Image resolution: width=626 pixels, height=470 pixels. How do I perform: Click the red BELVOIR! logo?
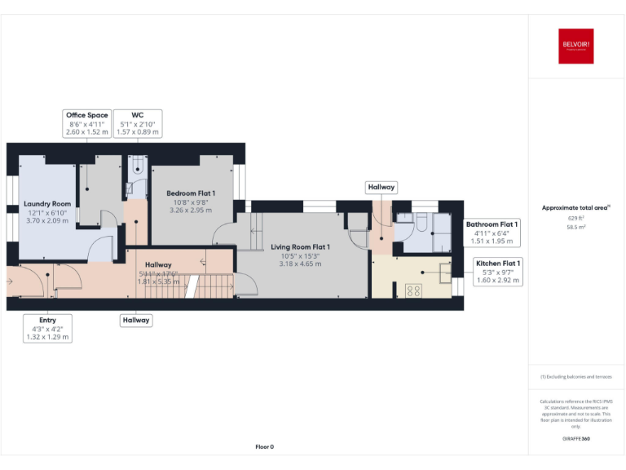coord(576,47)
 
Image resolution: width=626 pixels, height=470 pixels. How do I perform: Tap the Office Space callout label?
coord(87,123)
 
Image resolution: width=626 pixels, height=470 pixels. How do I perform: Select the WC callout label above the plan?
coord(137,123)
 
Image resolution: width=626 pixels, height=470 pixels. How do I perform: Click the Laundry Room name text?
coord(46,203)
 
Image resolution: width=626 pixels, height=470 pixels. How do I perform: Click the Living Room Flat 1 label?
coord(300,246)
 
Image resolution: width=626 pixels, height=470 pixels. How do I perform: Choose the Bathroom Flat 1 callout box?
coord(492,232)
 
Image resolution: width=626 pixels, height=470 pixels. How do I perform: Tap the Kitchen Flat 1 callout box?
coord(498,271)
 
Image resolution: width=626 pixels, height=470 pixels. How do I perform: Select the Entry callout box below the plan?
coord(48,328)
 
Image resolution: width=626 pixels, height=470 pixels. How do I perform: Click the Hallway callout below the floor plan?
coord(136,320)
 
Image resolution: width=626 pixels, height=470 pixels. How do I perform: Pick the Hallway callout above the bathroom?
coord(381,187)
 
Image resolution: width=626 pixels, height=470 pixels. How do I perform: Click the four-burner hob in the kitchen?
coord(413,289)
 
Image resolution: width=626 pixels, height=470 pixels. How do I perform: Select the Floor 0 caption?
coord(264,446)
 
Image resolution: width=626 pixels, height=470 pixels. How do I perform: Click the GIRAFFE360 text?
coord(575,439)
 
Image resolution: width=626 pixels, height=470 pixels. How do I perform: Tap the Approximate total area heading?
coord(575,208)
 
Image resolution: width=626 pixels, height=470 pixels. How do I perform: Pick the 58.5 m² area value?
coord(575,228)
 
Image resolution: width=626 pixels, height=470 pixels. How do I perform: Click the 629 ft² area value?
coord(575,219)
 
